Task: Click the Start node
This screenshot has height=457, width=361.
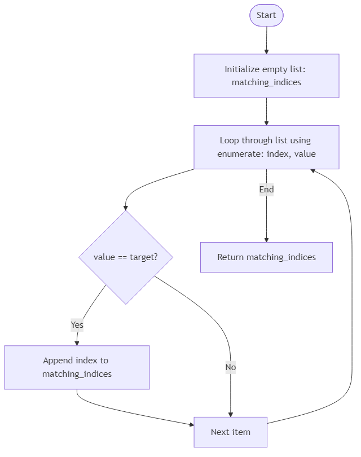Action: (x=266, y=15)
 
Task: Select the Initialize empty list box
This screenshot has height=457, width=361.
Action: (x=266, y=76)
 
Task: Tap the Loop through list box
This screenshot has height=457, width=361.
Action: (x=266, y=147)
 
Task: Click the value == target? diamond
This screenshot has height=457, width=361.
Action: (x=125, y=257)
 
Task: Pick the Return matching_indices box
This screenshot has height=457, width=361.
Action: (x=266, y=257)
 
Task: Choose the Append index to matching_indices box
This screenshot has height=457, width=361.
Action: (x=77, y=367)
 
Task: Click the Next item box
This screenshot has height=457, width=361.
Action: (x=230, y=432)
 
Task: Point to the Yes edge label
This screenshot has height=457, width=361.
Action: (x=77, y=325)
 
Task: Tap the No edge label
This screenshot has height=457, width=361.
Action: (x=230, y=367)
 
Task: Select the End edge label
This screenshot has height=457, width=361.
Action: (x=266, y=190)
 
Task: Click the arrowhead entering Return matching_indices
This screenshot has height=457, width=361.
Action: (x=266, y=239)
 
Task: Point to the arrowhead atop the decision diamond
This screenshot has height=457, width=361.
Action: (x=125, y=207)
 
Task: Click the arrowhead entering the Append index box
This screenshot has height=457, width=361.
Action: (x=77, y=342)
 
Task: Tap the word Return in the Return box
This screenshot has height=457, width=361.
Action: (x=230, y=257)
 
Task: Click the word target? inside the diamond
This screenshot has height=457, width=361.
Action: (x=143, y=257)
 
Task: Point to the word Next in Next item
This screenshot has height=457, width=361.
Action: (x=221, y=432)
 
